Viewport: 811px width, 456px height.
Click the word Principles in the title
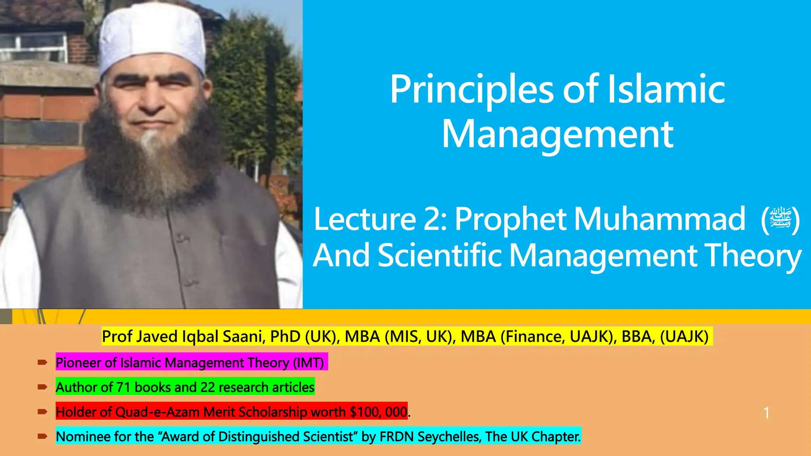coord(471,90)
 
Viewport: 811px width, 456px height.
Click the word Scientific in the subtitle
coord(440,255)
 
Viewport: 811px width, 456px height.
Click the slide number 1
coord(766,413)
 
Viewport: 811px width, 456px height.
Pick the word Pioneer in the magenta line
coord(78,363)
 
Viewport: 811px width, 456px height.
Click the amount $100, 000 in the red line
coord(378,412)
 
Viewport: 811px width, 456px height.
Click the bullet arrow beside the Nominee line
coord(42,437)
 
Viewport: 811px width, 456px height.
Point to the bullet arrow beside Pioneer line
coord(42,362)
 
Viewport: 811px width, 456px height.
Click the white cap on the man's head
coord(152,38)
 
